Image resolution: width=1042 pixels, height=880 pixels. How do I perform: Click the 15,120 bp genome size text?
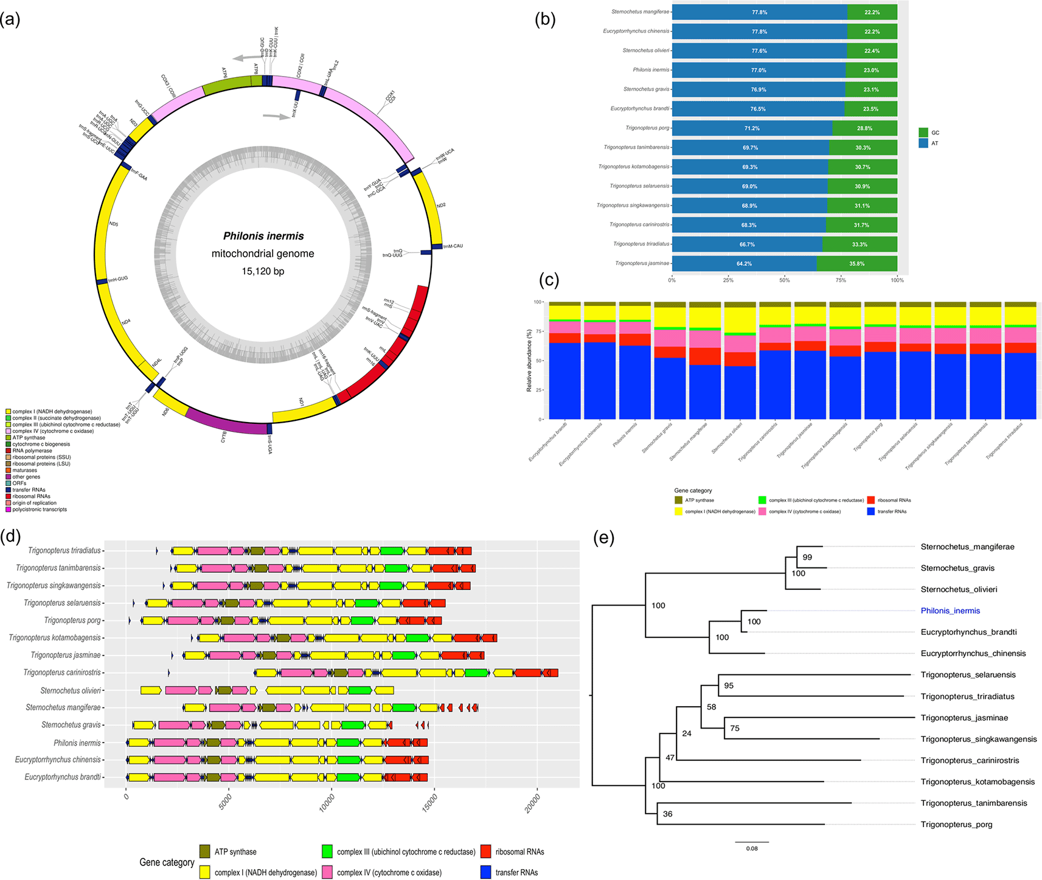(263, 271)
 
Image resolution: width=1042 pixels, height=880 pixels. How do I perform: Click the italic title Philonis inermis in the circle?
(263, 236)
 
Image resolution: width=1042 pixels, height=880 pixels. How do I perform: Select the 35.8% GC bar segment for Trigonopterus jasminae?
(856, 264)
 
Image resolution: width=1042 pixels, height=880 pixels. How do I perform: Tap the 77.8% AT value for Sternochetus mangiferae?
(759, 12)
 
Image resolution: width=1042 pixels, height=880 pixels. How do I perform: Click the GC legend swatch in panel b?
(923, 133)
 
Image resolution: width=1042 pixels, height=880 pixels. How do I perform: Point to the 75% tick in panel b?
(841, 280)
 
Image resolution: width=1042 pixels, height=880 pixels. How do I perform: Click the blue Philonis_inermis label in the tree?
(950, 611)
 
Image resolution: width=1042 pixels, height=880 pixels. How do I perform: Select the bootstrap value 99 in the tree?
(807, 557)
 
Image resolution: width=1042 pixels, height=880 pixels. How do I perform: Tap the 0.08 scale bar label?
(752, 848)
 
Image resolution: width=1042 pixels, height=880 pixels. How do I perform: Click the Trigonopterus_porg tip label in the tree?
(956, 825)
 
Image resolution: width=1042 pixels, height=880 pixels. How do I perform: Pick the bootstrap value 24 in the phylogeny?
(687, 733)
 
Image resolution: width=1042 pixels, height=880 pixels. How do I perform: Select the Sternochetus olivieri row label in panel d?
(71, 691)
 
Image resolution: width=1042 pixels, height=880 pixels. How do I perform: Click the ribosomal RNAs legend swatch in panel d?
(485, 851)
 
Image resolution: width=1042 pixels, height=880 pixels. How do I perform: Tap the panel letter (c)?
(549, 280)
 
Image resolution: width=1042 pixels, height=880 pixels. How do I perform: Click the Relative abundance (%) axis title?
(530, 361)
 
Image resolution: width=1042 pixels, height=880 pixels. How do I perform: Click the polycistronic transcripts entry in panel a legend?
(40, 510)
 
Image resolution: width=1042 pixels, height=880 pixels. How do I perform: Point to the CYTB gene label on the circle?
(224, 436)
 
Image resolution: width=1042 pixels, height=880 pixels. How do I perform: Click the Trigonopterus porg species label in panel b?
(647, 128)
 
